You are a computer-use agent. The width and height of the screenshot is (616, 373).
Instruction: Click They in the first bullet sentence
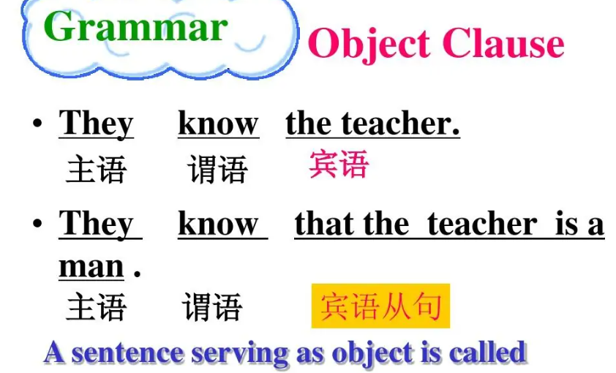96,123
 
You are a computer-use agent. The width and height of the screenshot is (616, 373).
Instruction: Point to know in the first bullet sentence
218,123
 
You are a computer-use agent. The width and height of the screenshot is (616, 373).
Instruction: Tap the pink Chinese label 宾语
339,165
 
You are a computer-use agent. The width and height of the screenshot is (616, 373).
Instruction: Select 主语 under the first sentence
96,170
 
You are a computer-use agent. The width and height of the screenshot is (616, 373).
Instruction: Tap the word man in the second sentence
91,266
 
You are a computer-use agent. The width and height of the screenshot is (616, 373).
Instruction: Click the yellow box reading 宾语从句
380,306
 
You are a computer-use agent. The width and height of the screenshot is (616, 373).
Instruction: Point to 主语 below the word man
96,307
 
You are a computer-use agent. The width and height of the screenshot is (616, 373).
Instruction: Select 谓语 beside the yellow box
212,307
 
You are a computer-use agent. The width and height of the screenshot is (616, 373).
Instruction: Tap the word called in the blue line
488,353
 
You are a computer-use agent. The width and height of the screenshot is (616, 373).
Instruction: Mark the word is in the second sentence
567,223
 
